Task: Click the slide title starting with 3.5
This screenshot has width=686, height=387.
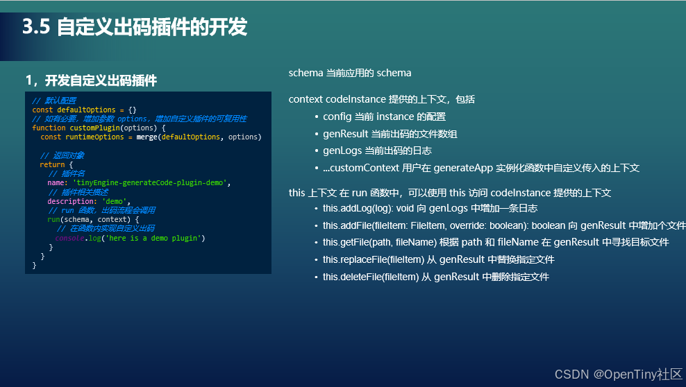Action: pos(135,28)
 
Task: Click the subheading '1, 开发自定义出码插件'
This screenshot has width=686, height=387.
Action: pos(91,80)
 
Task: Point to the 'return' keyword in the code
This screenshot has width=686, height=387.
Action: pos(52,164)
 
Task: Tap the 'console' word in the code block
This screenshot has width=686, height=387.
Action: pos(69,238)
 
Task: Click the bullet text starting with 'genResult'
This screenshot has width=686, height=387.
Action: pos(390,134)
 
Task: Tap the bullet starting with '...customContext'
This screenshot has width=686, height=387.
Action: pos(480,168)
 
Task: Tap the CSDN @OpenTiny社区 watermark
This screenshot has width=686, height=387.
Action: pos(618,375)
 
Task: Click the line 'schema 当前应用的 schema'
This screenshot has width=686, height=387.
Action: pos(350,73)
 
